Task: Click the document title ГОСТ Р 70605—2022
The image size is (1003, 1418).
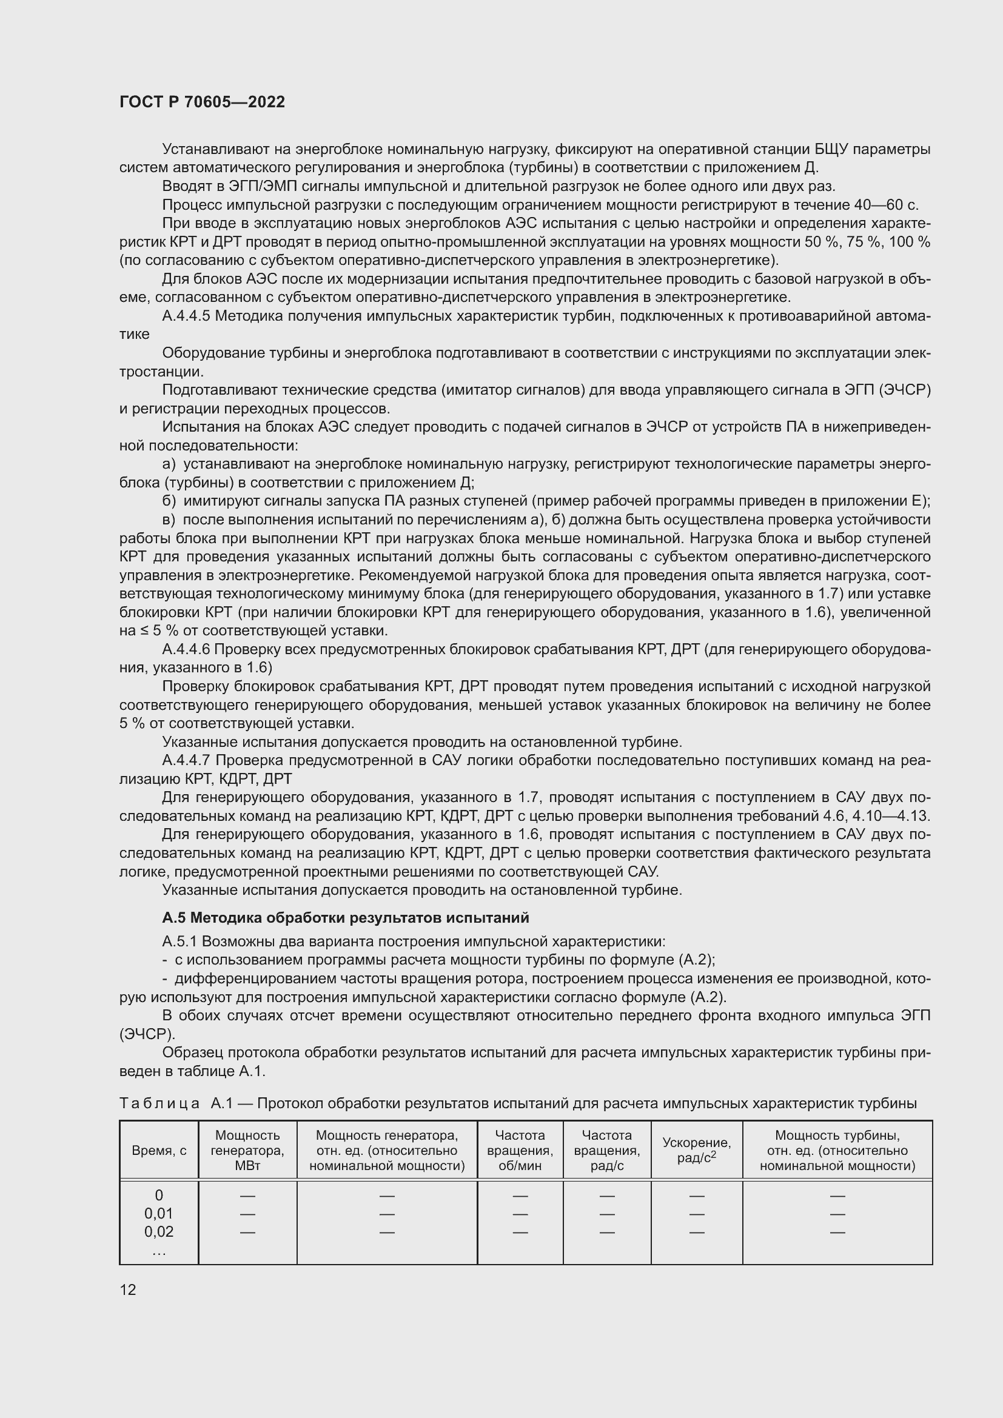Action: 202,102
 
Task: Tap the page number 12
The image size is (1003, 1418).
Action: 128,1289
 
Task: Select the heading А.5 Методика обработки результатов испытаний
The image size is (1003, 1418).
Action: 345,918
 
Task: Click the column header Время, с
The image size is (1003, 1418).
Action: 159,1151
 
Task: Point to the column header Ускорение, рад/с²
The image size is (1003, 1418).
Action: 696,1150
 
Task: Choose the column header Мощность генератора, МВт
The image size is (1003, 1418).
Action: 247,1150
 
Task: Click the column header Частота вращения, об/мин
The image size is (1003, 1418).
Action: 520,1150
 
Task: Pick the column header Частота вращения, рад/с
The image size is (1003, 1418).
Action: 606,1150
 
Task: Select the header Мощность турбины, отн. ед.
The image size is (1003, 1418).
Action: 837,1150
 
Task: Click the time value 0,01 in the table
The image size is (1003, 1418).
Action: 159,1214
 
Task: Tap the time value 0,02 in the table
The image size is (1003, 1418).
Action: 159,1231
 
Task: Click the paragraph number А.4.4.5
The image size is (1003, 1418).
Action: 186,316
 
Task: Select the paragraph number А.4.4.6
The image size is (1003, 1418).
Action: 186,649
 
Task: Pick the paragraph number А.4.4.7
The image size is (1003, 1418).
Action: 186,760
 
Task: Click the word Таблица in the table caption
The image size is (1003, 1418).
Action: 159,1103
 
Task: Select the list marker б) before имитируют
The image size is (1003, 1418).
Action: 169,501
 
